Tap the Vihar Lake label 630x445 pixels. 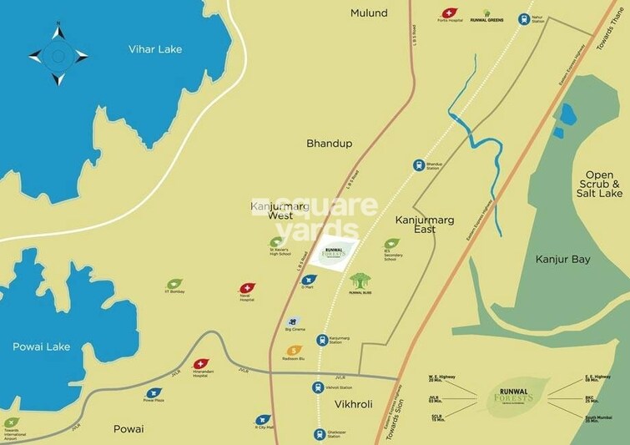coord(154,49)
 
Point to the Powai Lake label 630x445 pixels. coord(41,346)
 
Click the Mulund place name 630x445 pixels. coord(369,13)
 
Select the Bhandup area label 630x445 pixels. coord(329,144)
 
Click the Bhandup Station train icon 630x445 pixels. coord(419,165)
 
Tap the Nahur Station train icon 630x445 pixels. coord(524,18)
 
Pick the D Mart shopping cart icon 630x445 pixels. coord(310,280)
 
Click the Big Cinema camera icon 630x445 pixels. coord(292,321)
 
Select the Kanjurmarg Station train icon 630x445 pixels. coord(323,340)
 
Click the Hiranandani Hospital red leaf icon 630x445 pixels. coord(200,365)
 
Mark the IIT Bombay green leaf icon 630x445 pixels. coord(174,285)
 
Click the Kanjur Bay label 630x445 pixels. coord(562,260)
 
